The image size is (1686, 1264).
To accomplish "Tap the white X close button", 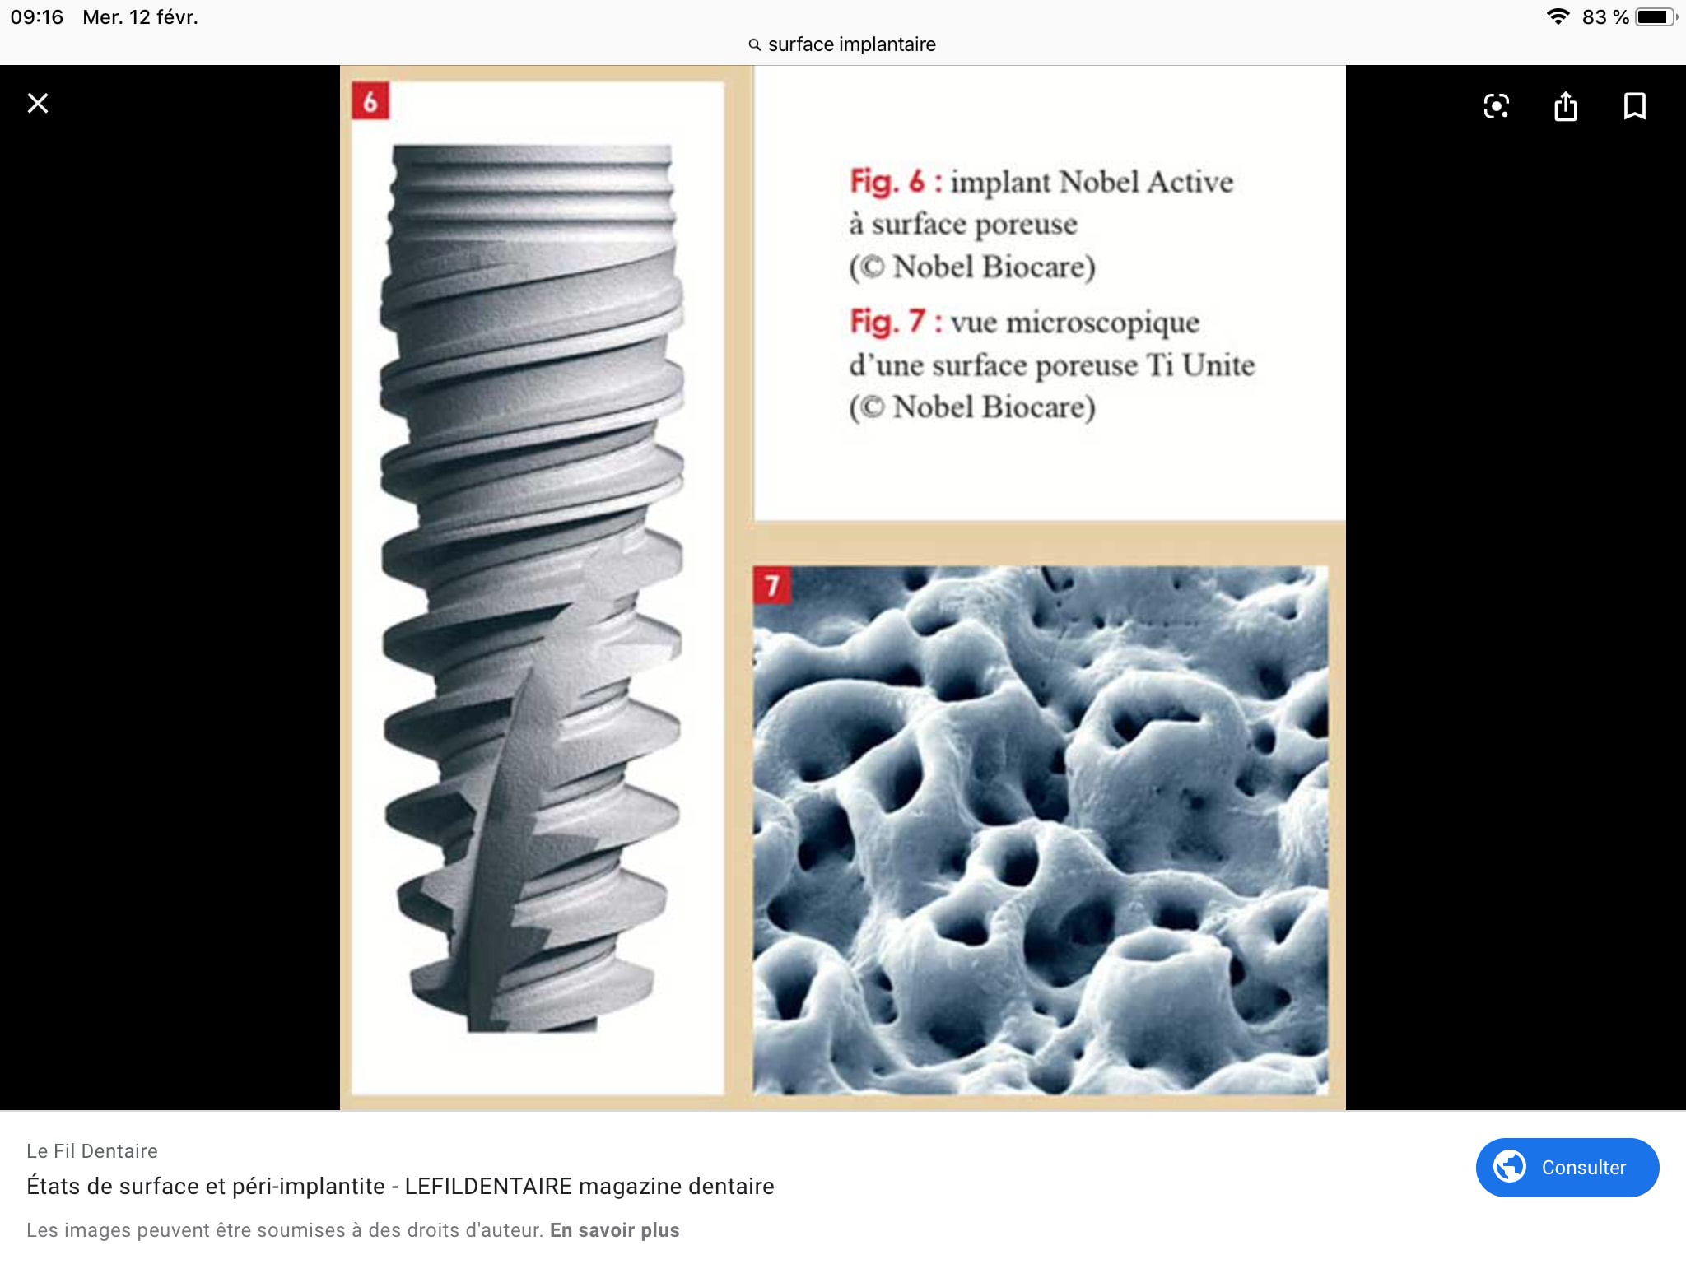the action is point(38,104).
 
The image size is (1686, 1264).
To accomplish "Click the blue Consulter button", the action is point(1567,1167).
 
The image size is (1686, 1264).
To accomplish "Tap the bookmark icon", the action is point(1634,106).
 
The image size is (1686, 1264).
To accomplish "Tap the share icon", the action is point(1566,106).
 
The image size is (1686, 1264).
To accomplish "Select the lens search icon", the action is point(1496,106).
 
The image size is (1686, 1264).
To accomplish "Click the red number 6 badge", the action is point(370,101).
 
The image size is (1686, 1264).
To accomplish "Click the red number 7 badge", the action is point(772,585).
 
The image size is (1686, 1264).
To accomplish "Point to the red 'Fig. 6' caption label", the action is point(887,181).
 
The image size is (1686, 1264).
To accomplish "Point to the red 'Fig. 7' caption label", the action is point(887,322).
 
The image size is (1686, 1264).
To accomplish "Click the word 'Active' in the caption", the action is point(1190,182).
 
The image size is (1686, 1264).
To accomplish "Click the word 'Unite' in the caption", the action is point(1218,365).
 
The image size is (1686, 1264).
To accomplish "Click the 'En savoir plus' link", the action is point(615,1230).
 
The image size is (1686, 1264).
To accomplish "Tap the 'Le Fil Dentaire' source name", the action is point(92,1151).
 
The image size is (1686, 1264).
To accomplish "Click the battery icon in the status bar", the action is point(1656,17).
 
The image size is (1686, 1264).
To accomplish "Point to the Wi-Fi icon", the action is point(1558,16).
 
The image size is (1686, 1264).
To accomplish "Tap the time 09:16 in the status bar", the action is point(37,17).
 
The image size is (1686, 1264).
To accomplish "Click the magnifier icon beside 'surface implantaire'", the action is point(754,44).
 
